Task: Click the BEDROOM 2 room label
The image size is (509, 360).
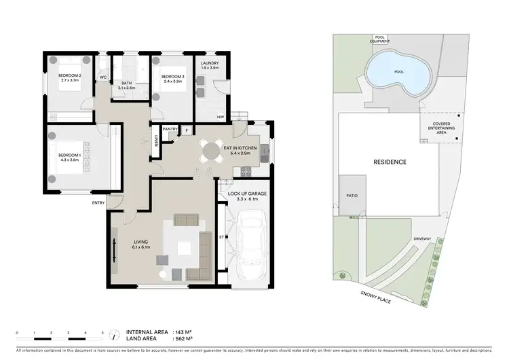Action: [x=69, y=75]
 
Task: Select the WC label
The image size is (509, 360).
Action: [x=103, y=77]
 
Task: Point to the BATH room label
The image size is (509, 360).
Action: [x=126, y=84]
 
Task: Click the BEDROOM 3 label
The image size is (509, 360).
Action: [x=174, y=75]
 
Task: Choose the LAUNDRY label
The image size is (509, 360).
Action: [x=209, y=64]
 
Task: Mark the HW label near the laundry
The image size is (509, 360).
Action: [x=221, y=118]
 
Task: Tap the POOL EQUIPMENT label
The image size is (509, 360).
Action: [x=380, y=39]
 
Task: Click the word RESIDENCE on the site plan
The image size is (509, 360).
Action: [x=390, y=162]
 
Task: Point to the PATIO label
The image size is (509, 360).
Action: [x=352, y=196]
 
